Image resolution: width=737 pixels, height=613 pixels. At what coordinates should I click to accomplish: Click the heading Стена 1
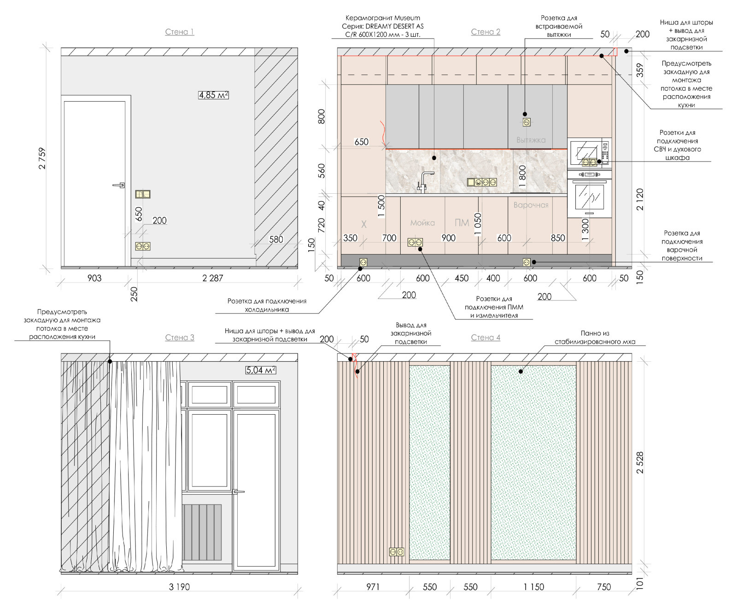(x=180, y=32)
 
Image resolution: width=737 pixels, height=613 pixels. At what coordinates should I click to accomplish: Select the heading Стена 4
(x=485, y=337)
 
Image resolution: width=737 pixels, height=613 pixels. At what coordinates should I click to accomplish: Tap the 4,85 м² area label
(x=213, y=95)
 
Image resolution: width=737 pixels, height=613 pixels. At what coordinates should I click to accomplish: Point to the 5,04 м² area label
(x=261, y=370)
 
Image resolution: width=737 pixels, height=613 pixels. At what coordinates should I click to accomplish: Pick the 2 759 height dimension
(x=42, y=158)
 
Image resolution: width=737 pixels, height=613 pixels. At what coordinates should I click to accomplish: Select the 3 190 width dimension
(x=179, y=587)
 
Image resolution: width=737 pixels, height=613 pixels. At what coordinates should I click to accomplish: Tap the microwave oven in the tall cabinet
(x=590, y=152)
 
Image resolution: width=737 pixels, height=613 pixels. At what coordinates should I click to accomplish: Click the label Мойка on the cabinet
(x=422, y=223)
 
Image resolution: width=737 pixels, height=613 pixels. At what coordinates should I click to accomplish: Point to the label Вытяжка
(x=531, y=140)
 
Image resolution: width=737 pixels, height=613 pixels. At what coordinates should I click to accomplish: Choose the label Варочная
(x=531, y=205)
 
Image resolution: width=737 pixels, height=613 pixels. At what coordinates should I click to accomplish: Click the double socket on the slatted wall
(x=397, y=551)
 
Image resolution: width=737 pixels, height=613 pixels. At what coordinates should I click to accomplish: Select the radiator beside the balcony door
(x=202, y=532)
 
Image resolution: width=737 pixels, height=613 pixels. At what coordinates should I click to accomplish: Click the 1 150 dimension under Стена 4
(x=533, y=587)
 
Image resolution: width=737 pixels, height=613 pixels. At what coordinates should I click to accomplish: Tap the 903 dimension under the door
(x=94, y=278)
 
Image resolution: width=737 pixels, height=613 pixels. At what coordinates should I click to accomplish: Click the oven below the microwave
(x=590, y=194)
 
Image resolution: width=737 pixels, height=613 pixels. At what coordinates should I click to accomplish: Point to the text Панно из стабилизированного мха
(x=595, y=337)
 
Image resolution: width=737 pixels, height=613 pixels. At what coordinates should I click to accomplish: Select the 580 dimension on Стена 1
(x=276, y=239)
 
